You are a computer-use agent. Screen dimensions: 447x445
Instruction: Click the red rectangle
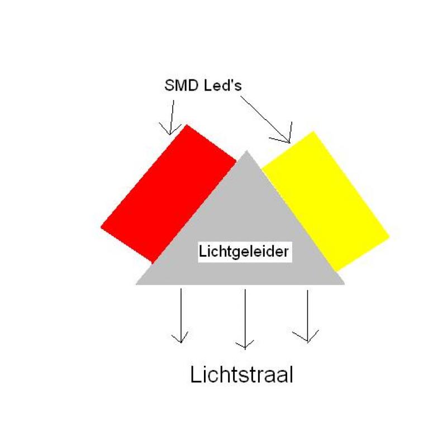coord(169,194)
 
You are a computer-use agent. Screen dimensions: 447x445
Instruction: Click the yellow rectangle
coord(326,201)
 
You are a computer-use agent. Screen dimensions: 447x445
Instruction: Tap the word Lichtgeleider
coord(244,252)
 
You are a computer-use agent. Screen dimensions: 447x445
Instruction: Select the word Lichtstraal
coord(241,375)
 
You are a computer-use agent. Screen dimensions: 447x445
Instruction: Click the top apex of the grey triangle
coord(246,150)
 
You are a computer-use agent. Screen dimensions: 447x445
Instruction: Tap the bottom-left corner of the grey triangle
coord(136,285)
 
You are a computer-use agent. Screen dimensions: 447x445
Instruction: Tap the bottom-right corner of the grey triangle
coord(345,285)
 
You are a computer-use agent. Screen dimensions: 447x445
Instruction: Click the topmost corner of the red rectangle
coord(187,125)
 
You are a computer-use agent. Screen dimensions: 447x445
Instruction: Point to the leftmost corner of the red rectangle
coord(101,227)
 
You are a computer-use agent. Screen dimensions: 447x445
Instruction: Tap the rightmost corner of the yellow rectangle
coord(389,236)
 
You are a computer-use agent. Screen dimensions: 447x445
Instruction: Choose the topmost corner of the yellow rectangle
coord(313,131)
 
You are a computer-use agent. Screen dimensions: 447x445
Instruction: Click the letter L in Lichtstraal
coord(195,375)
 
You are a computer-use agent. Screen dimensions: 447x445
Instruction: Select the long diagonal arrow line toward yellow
coord(265,119)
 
